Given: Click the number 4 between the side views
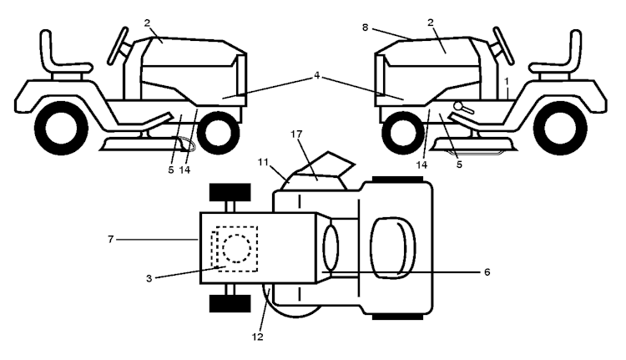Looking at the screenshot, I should [317, 76].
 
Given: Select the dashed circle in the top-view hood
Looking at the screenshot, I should [236, 248].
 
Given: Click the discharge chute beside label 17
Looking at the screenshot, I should [330, 169].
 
